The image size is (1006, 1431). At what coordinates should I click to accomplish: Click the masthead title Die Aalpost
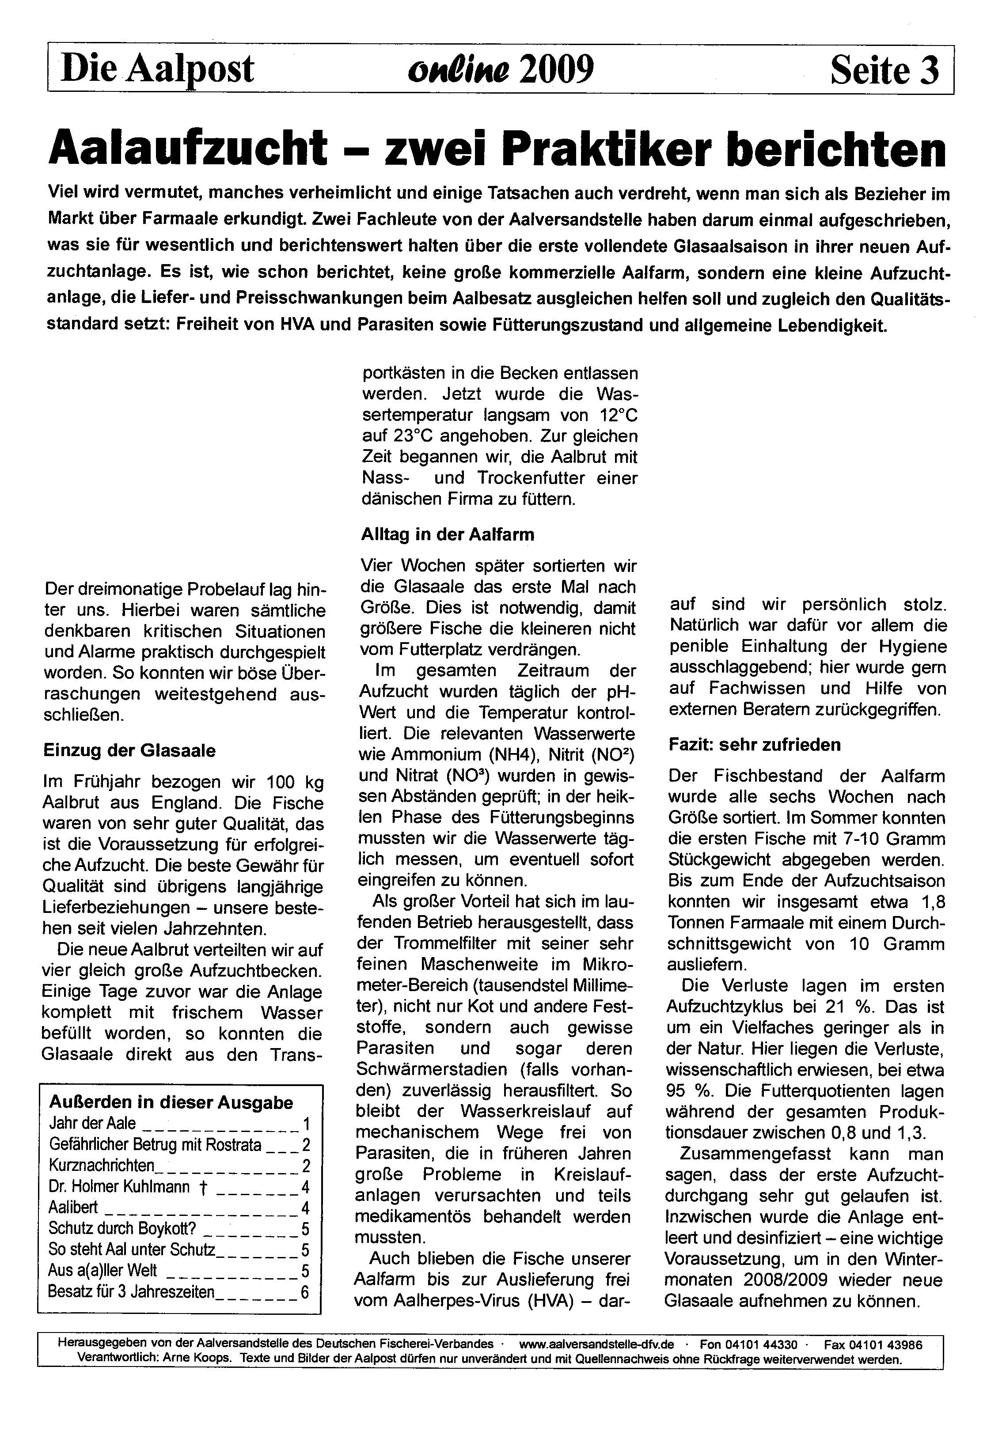(157, 69)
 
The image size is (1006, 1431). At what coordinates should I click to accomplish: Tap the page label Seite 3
(884, 70)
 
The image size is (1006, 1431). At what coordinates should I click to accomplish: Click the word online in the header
(458, 70)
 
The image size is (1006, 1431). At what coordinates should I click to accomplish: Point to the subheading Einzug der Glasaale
(129, 750)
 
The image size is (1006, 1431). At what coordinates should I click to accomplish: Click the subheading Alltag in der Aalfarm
(448, 534)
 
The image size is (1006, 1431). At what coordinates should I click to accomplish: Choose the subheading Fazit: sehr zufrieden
(754, 744)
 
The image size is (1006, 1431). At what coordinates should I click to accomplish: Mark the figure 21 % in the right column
(852, 1007)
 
